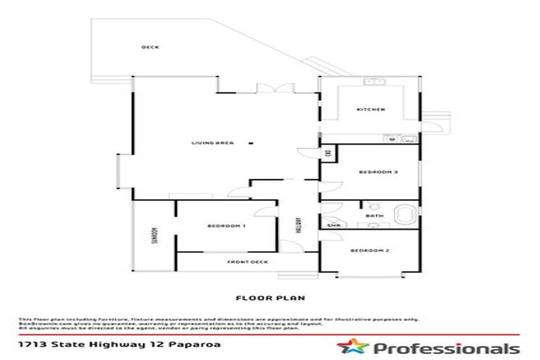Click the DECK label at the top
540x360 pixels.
150,47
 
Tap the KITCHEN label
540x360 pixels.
371,110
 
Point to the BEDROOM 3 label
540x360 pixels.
374,172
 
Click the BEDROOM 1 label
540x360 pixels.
226,226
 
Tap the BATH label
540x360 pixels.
371,216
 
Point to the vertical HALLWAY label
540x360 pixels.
298,225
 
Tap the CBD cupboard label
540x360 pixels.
328,154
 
